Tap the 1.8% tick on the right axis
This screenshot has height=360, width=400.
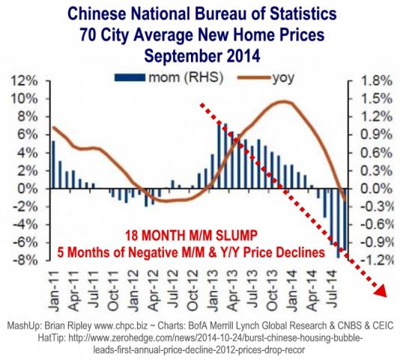pyautogui.click(x=372, y=80)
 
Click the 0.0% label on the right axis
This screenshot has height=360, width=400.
pyautogui.click(x=372, y=188)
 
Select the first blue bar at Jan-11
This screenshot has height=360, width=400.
pyautogui.click(x=53, y=164)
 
